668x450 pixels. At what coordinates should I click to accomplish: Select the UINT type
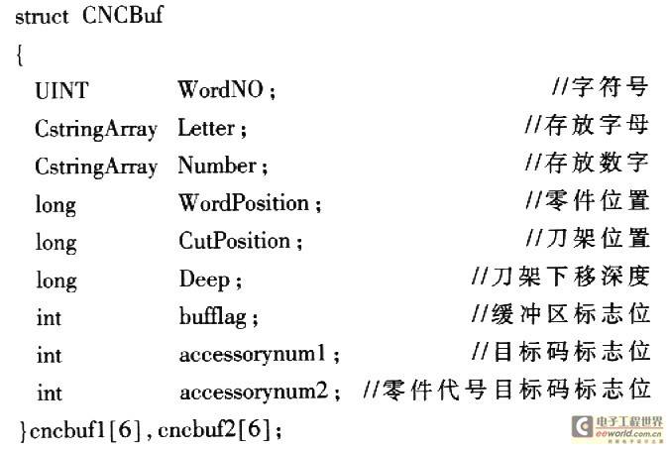pos(61,90)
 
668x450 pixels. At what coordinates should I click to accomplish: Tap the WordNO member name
pos(222,90)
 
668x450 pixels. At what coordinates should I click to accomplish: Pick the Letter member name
pos(206,128)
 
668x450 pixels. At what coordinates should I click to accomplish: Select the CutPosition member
pos(235,241)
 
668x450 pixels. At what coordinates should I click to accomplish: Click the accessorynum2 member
pos(254,392)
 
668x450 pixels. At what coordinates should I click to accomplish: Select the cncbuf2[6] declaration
pos(217,430)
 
